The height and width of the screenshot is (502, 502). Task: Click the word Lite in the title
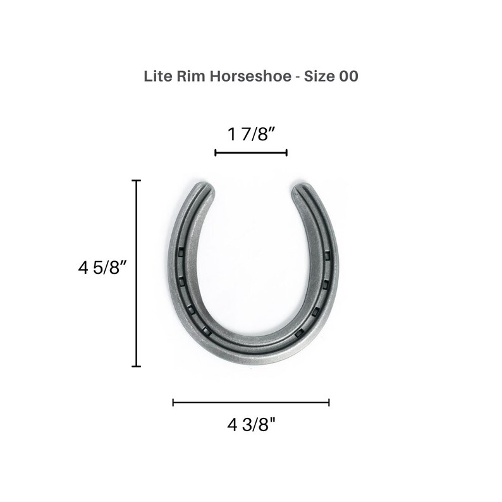click(156, 77)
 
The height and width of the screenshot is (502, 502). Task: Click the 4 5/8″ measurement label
click(103, 267)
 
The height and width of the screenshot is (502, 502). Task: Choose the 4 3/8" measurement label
click(251, 424)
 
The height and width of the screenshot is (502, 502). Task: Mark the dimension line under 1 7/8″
click(251, 152)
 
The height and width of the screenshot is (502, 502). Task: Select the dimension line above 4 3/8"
click(251, 402)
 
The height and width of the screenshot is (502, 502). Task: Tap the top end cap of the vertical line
click(136, 181)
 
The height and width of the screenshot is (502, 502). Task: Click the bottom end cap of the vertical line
click(136, 366)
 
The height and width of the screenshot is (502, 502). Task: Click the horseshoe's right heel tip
click(300, 188)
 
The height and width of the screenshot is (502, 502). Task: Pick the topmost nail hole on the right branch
click(328, 256)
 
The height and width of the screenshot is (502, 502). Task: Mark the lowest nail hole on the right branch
click(299, 333)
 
